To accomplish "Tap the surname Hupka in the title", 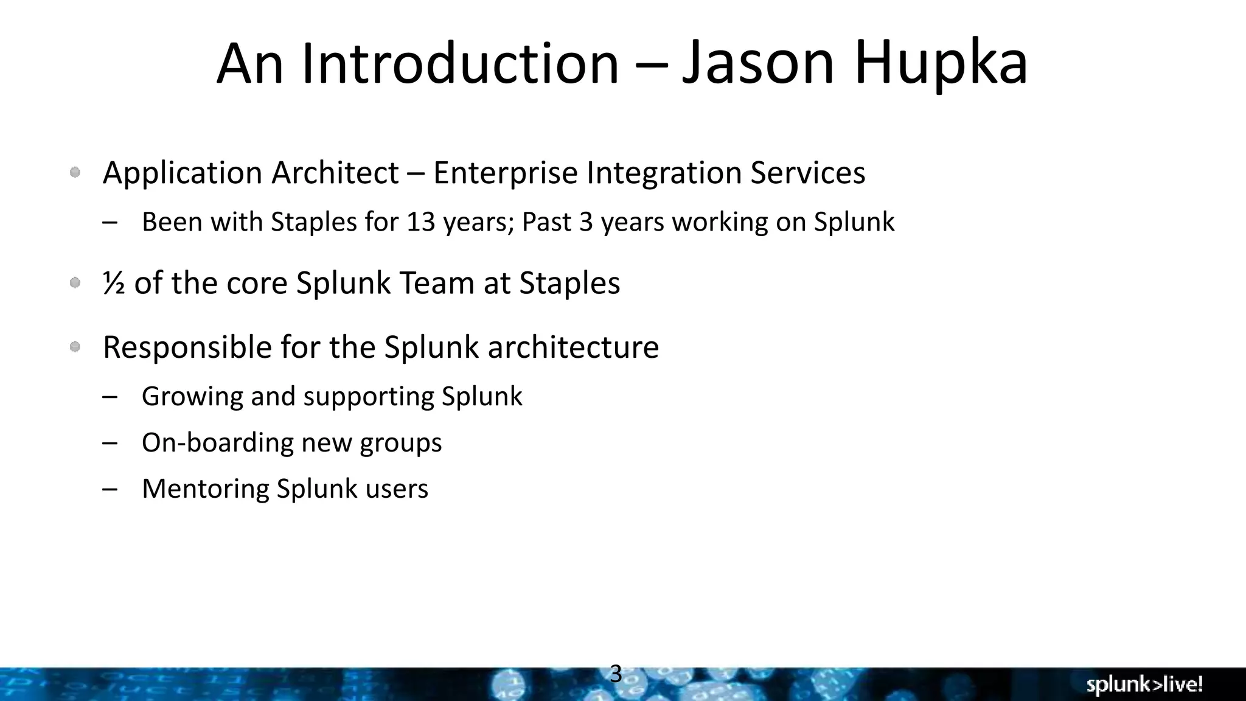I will click(941, 64).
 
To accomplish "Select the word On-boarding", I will click(217, 442).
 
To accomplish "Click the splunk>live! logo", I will click(1144, 685).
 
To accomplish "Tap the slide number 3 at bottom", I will click(615, 674).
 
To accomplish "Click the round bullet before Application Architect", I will click(75, 173).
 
